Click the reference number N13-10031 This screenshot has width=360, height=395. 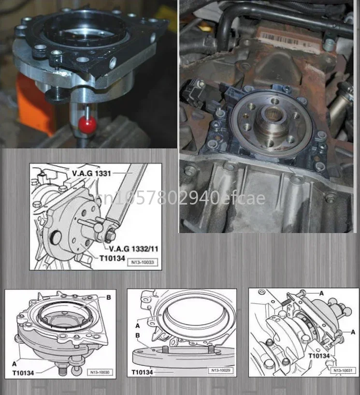(x=344, y=371)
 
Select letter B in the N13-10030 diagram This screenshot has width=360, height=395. (x=108, y=297)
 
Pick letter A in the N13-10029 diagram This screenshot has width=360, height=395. (x=138, y=313)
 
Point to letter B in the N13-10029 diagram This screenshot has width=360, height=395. (x=138, y=335)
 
